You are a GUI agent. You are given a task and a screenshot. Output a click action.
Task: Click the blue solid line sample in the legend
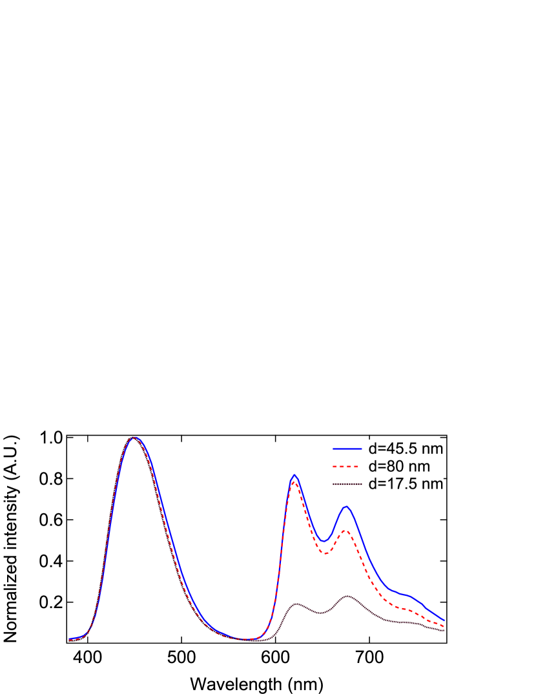point(346,447)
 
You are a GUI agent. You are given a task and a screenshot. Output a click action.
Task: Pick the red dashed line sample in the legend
point(346,465)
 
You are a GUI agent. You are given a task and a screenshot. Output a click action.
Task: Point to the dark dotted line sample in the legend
point(346,484)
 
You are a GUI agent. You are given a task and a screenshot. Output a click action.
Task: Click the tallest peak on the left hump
point(134,437)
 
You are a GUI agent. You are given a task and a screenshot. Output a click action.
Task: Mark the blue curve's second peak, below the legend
point(294,475)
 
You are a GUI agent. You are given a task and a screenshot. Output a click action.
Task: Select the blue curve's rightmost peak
point(347,507)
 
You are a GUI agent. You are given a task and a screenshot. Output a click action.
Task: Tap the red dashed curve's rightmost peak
point(347,531)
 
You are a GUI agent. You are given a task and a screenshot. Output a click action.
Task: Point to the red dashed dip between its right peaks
point(325,553)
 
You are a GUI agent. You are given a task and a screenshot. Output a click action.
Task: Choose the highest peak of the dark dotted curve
point(347,596)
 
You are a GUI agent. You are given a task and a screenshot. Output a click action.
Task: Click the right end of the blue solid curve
point(444,621)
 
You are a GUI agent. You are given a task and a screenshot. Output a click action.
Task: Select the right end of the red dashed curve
point(444,626)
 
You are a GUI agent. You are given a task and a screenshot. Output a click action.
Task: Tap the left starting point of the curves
point(69,639)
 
